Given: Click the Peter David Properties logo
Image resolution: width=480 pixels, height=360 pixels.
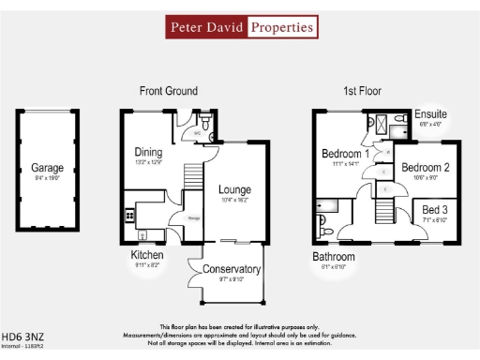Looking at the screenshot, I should [240, 27].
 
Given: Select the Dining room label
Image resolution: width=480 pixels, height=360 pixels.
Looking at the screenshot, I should [148, 152].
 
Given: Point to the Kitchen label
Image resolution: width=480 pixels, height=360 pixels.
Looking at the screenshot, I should [147, 255].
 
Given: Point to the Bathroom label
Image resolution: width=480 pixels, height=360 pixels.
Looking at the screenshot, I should [334, 256].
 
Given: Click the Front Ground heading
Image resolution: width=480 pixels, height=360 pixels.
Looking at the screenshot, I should [168, 91].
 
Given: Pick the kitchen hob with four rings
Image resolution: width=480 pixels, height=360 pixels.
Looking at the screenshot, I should [129, 217].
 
